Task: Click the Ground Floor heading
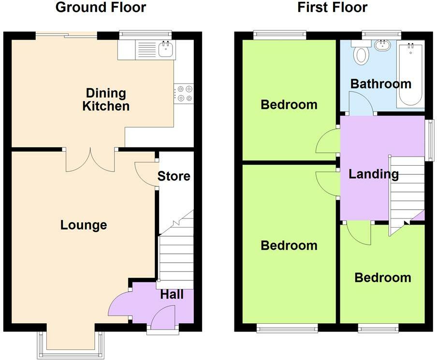pos(101,7)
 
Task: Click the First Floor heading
pos(332,7)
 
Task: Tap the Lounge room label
pos(84,225)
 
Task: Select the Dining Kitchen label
pos(106,100)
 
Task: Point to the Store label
pos(174,176)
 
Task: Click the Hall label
pos(172,294)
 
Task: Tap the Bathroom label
pos(381,84)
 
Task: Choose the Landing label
pos(374,174)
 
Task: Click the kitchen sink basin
pos(166,49)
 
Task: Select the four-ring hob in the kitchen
pos(184,93)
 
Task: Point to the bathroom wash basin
pos(382,45)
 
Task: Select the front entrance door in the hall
pos(163,317)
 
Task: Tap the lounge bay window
pos(71,345)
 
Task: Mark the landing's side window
pos(430,140)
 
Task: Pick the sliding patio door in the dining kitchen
pos(66,36)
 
